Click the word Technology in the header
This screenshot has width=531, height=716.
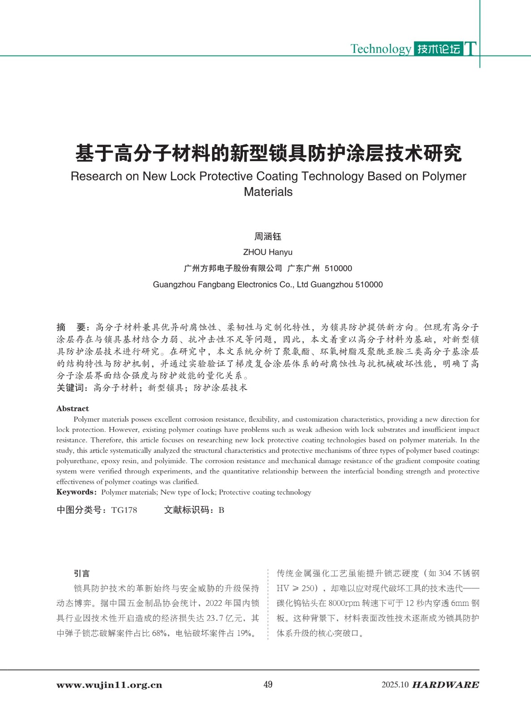[380, 49]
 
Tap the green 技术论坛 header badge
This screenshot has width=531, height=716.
[438, 49]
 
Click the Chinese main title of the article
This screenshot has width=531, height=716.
[268, 153]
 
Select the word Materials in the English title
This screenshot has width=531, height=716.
[268, 192]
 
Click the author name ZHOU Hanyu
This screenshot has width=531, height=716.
[268, 252]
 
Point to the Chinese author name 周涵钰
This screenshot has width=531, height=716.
[268, 236]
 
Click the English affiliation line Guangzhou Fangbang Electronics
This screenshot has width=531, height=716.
[268, 285]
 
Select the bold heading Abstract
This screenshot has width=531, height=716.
[72, 409]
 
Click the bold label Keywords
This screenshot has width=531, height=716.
[76, 492]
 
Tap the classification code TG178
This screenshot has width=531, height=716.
[124, 510]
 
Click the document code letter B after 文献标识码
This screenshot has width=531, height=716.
[221, 510]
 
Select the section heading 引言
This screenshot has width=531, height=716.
[82, 573]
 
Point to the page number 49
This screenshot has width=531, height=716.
[268, 685]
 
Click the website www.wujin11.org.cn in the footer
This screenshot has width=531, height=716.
[109, 685]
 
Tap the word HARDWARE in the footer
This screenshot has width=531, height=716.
[445, 685]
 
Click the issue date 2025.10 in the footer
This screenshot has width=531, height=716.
[395, 685]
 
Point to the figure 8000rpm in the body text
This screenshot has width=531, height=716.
[344, 603]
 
